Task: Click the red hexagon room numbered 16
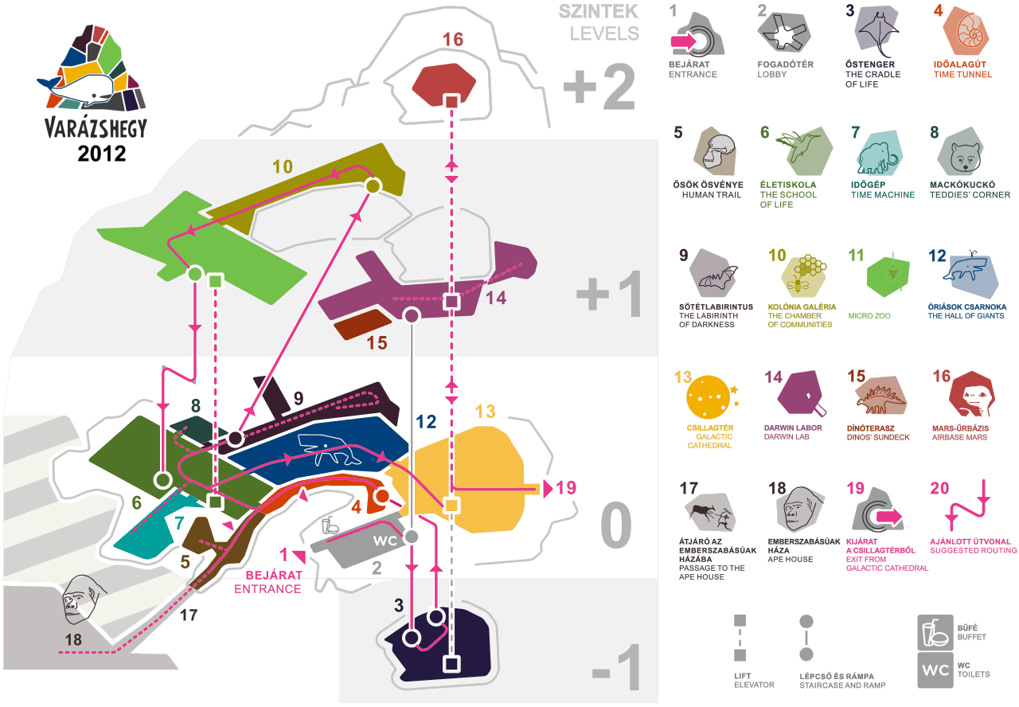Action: [443, 84]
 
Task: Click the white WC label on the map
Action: [385, 541]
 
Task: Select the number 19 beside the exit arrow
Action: [566, 488]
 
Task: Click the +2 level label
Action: [599, 87]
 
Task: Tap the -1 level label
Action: [617, 667]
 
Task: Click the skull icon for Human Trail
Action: [718, 151]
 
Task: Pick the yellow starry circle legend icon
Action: [709, 396]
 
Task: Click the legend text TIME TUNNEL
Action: [962, 75]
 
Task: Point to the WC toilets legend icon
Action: [935, 670]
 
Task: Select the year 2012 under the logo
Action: [101, 154]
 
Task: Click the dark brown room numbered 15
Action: [362, 324]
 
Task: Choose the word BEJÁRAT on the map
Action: [274, 575]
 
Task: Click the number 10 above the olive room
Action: [283, 167]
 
